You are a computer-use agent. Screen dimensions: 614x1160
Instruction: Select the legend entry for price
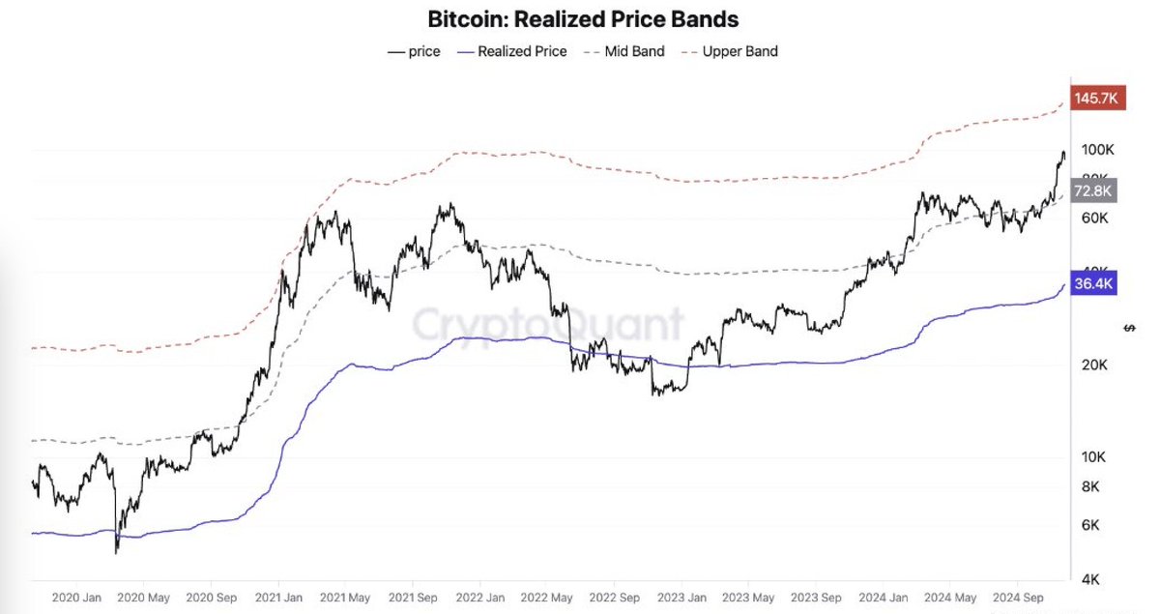[415, 51]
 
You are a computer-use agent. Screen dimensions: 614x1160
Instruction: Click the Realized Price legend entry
[513, 51]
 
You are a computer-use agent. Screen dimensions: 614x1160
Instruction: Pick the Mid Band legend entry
[625, 51]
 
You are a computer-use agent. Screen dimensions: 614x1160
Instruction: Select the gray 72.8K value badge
[1094, 190]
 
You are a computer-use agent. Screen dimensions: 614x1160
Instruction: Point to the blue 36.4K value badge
[1094, 284]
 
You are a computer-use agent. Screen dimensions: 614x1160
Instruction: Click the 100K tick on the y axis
[1098, 150]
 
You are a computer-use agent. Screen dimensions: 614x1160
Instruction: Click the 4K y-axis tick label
[1090, 579]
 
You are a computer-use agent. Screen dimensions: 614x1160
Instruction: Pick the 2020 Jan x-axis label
[77, 598]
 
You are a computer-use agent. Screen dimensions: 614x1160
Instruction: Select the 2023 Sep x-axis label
[816, 598]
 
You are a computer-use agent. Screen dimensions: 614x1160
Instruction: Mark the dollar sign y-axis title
[1130, 328]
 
